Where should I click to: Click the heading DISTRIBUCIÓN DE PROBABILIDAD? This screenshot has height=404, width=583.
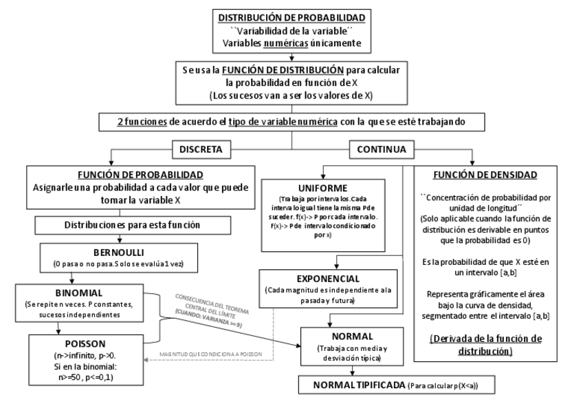point(291,17)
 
